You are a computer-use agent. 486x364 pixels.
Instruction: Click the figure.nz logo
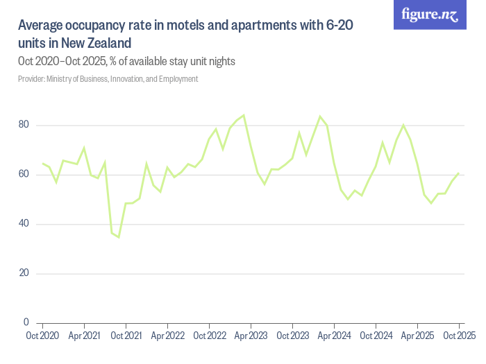430,15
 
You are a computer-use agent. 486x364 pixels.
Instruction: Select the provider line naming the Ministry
108,79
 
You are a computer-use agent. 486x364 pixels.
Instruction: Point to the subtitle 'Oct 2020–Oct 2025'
62,61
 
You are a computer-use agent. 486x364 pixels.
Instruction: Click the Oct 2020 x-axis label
42,336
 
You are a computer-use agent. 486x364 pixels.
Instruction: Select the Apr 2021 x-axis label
84,336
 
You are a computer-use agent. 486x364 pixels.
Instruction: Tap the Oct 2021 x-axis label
126,336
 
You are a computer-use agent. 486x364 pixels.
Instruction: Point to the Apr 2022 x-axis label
167,336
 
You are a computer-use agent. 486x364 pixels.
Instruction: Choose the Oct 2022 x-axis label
209,336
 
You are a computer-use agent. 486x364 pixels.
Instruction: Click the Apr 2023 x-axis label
251,336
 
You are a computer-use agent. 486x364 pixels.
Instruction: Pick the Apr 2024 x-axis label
334,336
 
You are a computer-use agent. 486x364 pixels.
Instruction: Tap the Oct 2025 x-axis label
459,336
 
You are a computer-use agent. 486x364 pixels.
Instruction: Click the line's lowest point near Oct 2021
119,237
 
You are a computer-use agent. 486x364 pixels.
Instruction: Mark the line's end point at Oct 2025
459,173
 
